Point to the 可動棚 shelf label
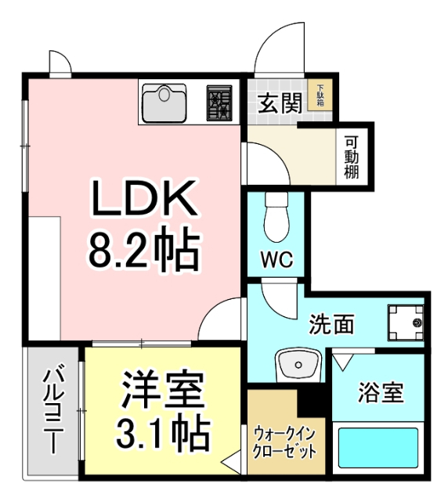[352, 156]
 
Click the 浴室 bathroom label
[381, 391]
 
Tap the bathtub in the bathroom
[380, 449]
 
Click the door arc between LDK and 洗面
[222, 321]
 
